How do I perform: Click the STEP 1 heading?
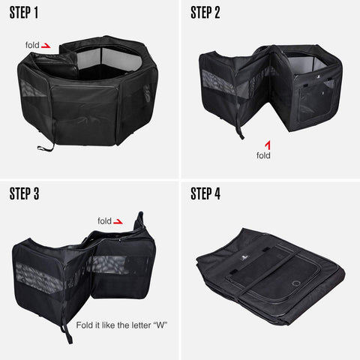[24, 13]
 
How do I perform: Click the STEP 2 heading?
[205, 13]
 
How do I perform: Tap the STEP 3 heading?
[24, 193]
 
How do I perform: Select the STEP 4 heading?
[205, 193]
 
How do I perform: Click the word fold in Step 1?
[32, 45]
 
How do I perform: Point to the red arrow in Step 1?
[46, 46]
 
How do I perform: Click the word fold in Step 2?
[263, 155]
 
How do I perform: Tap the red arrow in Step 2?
[268, 145]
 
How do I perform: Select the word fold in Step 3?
[104, 221]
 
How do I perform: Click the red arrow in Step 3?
[118, 221]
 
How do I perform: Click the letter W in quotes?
[160, 325]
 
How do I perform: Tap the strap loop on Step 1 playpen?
[45, 148]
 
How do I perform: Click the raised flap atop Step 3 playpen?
[139, 220]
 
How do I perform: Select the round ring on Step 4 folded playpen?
[296, 283]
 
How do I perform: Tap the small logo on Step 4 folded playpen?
[244, 257]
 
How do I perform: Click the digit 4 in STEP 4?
[217, 193]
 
